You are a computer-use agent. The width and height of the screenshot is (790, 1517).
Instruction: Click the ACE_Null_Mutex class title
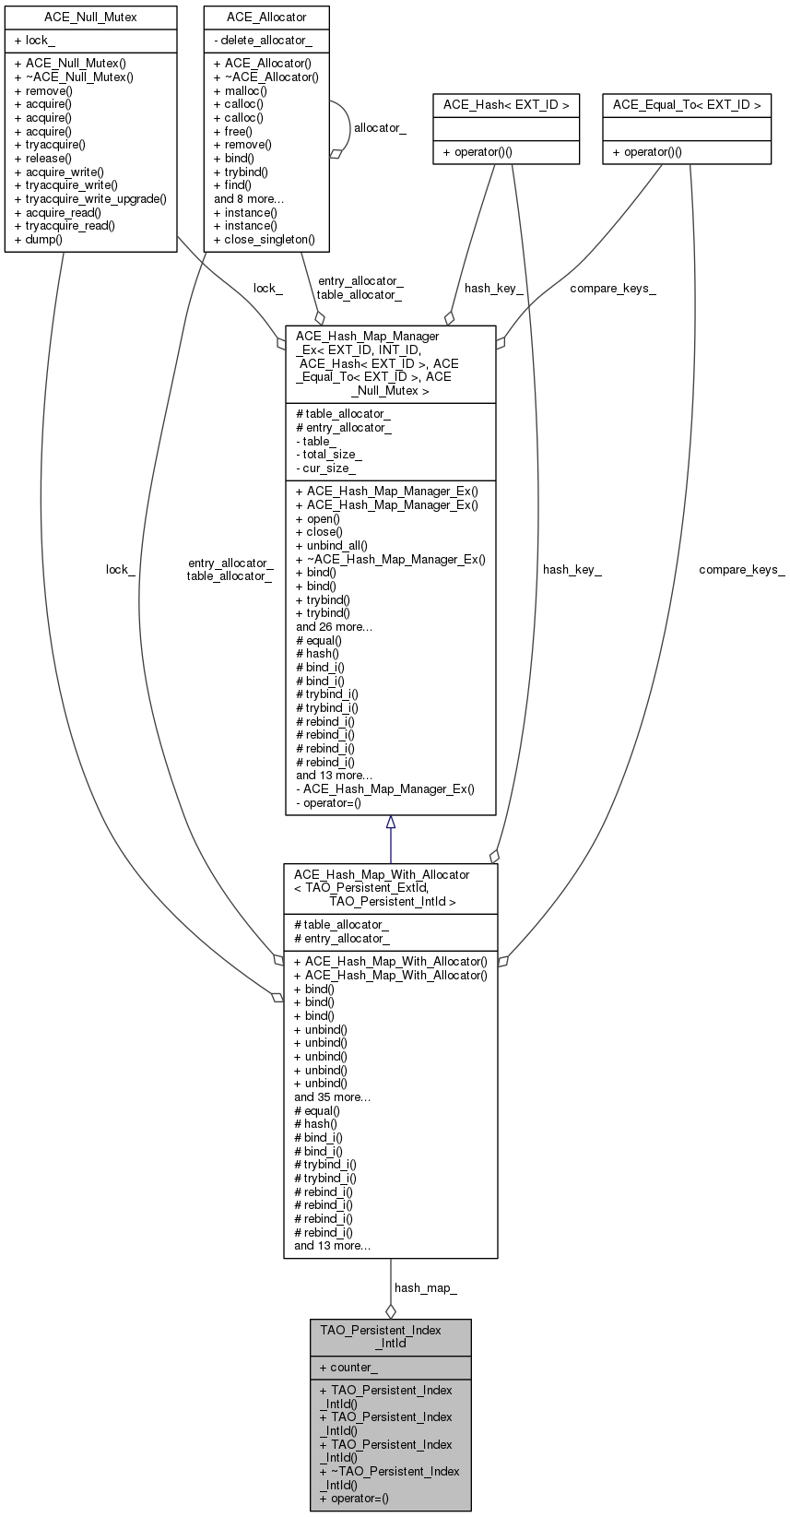[x=90, y=17]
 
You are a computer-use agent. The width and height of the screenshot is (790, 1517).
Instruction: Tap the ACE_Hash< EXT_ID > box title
[x=506, y=104]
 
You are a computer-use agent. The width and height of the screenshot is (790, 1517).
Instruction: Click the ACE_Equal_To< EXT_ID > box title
[x=687, y=104]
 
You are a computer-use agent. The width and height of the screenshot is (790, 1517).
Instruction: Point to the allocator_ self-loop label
[x=380, y=127]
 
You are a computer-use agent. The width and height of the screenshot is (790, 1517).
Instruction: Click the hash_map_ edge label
[x=425, y=1287]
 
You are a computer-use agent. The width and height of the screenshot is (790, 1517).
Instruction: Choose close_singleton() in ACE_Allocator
[x=269, y=239]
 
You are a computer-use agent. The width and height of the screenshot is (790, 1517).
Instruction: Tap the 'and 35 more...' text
[x=332, y=1096]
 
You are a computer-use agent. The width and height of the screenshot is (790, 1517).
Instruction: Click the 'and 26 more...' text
[x=334, y=626]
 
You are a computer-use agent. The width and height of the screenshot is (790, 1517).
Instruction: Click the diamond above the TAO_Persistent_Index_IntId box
[x=391, y=1310]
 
